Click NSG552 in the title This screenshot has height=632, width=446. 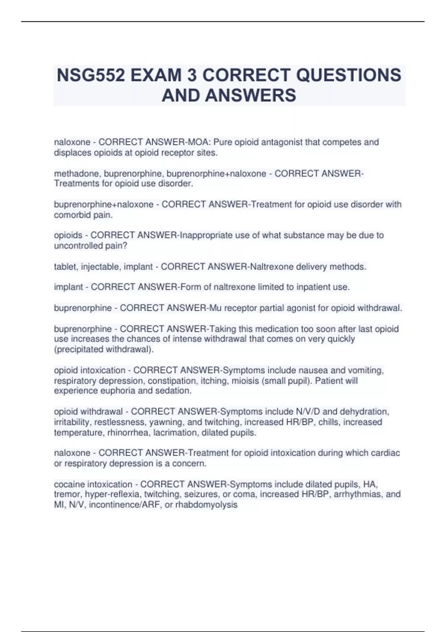point(90,75)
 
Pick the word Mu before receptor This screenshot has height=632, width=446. point(215,308)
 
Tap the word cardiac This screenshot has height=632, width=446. point(385,453)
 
